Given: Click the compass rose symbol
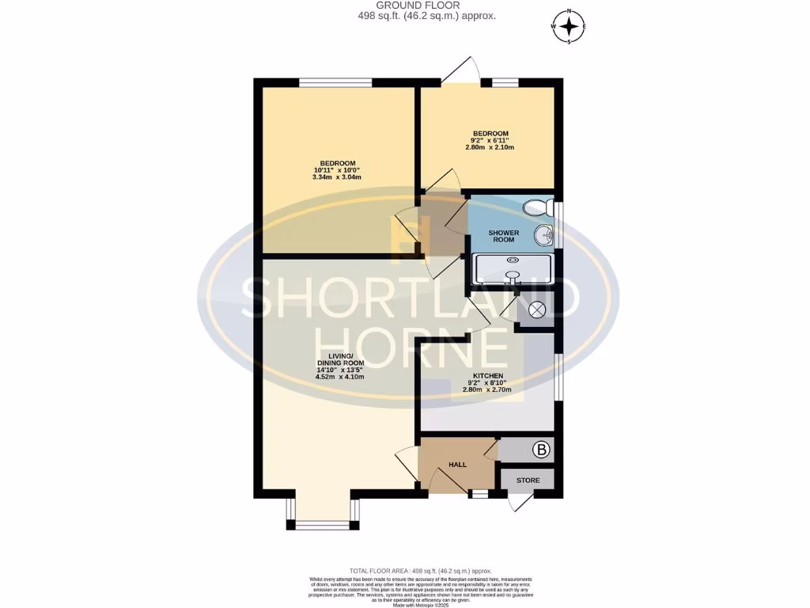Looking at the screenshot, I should [569, 26].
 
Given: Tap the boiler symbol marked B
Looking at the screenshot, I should [541, 451].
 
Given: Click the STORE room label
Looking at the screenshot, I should [528, 481].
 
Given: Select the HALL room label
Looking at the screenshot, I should [458, 465].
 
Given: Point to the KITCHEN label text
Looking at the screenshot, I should [488, 376].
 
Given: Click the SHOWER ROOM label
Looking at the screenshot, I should [503, 237].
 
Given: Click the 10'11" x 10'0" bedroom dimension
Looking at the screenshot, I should [337, 170].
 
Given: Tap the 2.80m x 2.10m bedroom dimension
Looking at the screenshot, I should [490, 147].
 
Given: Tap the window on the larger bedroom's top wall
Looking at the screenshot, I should [335, 82].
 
